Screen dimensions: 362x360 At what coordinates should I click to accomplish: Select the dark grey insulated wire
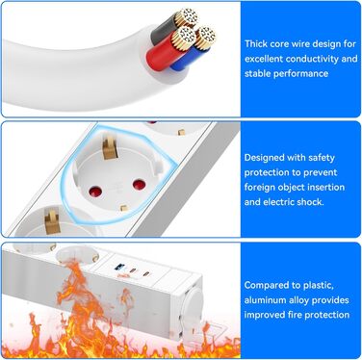tap(164, 30)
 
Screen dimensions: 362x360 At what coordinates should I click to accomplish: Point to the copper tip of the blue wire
tap(205, 38)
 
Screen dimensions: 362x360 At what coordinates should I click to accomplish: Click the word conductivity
tap(307, 59)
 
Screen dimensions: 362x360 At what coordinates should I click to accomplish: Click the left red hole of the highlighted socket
tap(95, 193)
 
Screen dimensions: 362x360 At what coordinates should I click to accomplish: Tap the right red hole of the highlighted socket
tap(139, 184)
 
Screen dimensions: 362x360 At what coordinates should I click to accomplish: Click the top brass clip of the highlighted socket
tap(110, 147)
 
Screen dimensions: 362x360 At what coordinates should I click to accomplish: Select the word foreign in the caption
tap(259, 188)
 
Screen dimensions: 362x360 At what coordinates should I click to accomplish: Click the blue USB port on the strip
tap(119, 267)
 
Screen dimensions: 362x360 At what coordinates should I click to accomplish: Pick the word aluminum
tap(265, 300)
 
